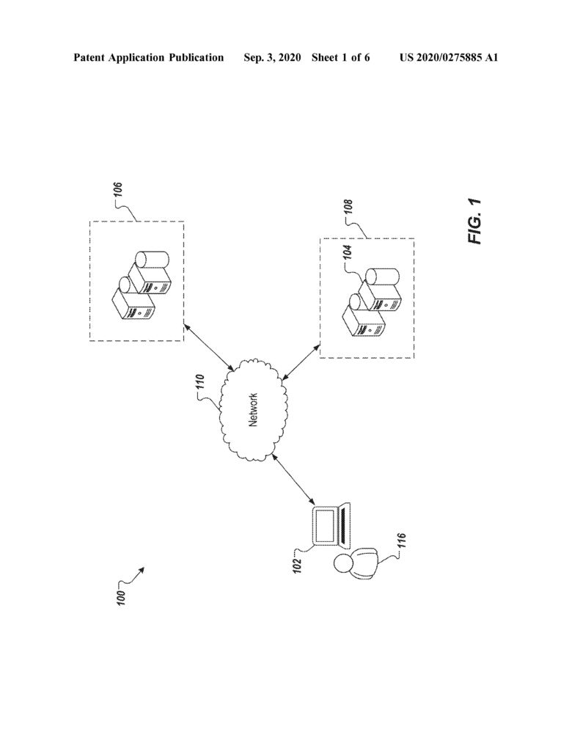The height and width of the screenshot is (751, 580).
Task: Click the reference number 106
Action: [119, 189]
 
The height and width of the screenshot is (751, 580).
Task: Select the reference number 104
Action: [348, 253]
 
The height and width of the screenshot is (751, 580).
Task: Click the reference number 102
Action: [298, 565]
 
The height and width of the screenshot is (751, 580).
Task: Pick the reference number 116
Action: [401, 541]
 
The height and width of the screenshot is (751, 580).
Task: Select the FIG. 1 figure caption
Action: [475, 221]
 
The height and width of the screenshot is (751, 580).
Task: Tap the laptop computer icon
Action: [331, 526]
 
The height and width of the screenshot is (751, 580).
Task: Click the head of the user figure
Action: [343, 563]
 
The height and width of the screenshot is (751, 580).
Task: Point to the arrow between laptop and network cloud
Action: [293, 480]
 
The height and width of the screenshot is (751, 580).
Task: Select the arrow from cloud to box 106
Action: [209, 347]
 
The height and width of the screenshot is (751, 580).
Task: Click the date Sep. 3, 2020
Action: [273, 57]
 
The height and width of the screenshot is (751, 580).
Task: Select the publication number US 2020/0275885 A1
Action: [449, 57]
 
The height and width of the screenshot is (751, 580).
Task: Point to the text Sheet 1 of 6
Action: [340, 57]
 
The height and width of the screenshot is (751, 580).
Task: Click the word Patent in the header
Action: [89, 57]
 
